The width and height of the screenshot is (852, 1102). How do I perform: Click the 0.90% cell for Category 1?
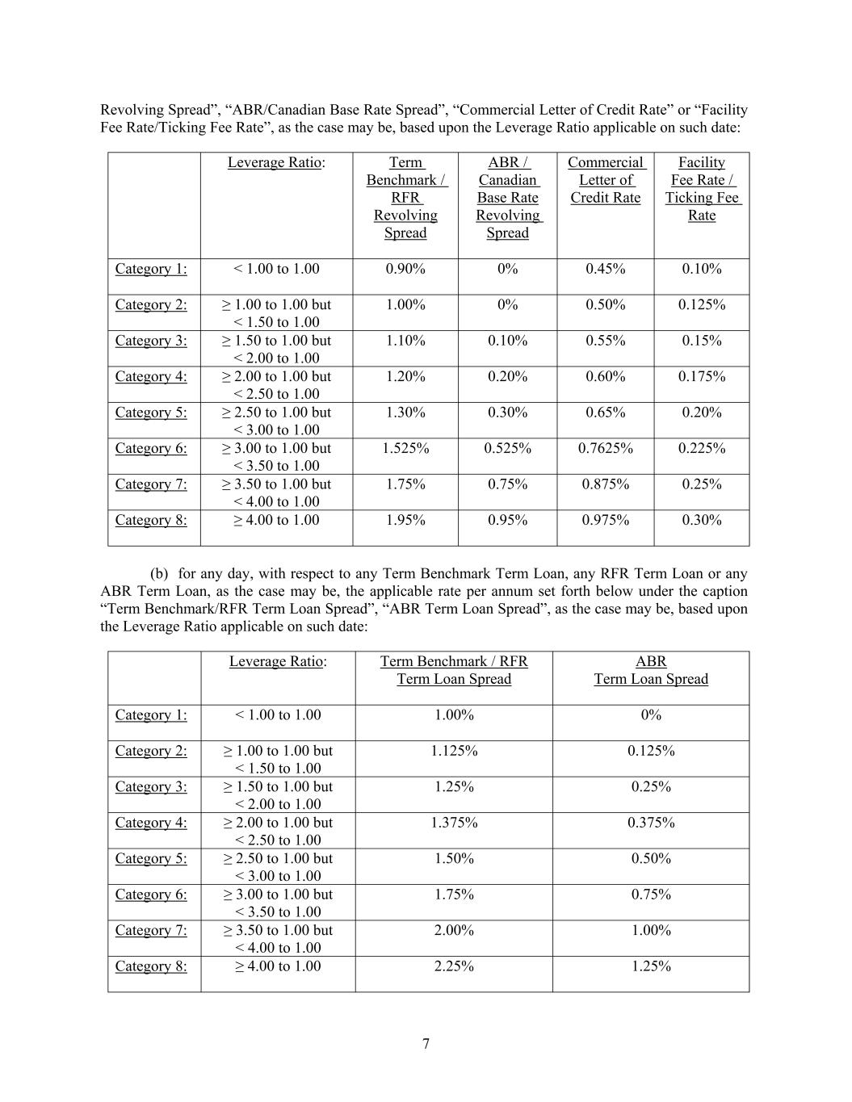(x=405, y=269)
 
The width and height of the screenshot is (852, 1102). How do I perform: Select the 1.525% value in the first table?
(x=405, y=448)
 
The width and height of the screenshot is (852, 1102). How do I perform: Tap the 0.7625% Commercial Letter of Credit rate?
(x=605, y=448)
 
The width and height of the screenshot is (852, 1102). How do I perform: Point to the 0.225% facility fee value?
(x=701, y=448)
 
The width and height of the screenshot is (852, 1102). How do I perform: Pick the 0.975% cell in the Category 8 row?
(x=605, y=520)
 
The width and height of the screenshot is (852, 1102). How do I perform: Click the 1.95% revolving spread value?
(x=405, y=520)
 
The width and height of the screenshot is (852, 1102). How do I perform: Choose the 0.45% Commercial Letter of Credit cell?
(x=605, y=269)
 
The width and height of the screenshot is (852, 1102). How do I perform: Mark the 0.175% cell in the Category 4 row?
(x=701, y=376)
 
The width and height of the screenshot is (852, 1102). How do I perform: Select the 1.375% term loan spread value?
(x=454, y=823)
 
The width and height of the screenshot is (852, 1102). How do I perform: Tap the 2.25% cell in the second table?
(x=454, y=966)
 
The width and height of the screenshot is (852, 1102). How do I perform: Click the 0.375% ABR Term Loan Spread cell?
(x=651, y=823)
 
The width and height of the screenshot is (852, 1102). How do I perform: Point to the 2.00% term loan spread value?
(x=454, y=930)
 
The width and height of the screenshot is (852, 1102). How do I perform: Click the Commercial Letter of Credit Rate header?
(x=606, y=180)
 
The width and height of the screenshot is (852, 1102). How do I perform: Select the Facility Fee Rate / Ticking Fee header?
(x=702, y=189)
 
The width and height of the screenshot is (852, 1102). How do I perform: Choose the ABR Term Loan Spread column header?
(x=651, y=670)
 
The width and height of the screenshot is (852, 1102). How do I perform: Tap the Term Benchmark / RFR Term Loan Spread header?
(x=454, y=670)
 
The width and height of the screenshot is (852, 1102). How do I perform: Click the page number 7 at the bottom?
(x=426, y=1044)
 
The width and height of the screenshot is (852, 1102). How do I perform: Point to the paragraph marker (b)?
(x=159, y=574)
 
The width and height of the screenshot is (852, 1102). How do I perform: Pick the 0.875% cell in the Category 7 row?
(x=605, y=484)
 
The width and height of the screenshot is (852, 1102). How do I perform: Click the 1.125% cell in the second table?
(x=454, y=751)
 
